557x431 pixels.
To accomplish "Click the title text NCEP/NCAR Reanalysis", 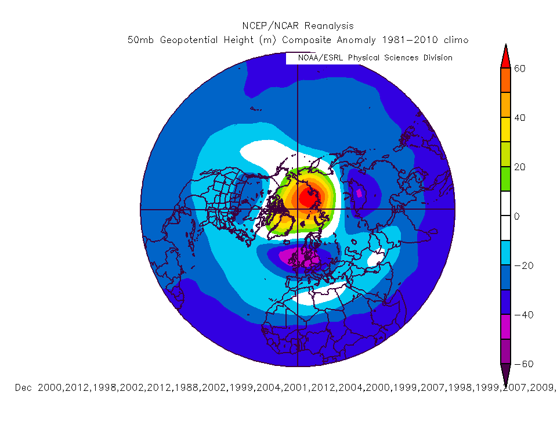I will click(x=298, y=26).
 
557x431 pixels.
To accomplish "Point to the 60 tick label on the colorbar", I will click(x=519, y=69).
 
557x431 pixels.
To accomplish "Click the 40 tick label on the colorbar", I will click(x=519, y=118).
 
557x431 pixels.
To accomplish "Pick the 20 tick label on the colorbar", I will click(x=519, y=167).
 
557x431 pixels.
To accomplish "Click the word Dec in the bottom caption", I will click(x=24, y=387).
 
